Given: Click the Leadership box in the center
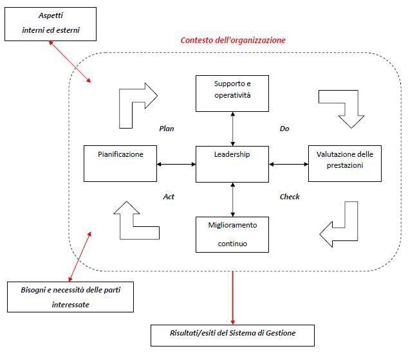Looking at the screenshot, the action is coord(232,164).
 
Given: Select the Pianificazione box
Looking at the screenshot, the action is coord(120,164).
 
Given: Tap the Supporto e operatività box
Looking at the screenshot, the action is coord(232,93).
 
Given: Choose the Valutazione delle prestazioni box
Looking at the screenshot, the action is coord(345,164).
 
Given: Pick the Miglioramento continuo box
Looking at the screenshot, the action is coord(232,235).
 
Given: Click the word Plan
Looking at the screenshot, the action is coord(167,129).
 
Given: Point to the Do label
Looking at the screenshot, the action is coord(284,129).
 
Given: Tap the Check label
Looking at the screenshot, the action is coord(290,197).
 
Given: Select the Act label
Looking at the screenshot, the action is coord(169,197).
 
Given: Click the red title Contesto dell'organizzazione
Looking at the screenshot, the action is coord(233,40).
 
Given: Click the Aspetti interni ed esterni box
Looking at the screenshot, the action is coord(51,24).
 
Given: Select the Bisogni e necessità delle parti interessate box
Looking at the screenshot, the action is coord(71,297).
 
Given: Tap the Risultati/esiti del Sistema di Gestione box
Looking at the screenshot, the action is coord(232,336).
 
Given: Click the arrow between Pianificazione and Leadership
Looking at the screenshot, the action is coord(176,164).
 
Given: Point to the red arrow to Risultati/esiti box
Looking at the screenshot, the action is coord(233,298).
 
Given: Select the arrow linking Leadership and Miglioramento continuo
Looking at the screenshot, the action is coord(233,199).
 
